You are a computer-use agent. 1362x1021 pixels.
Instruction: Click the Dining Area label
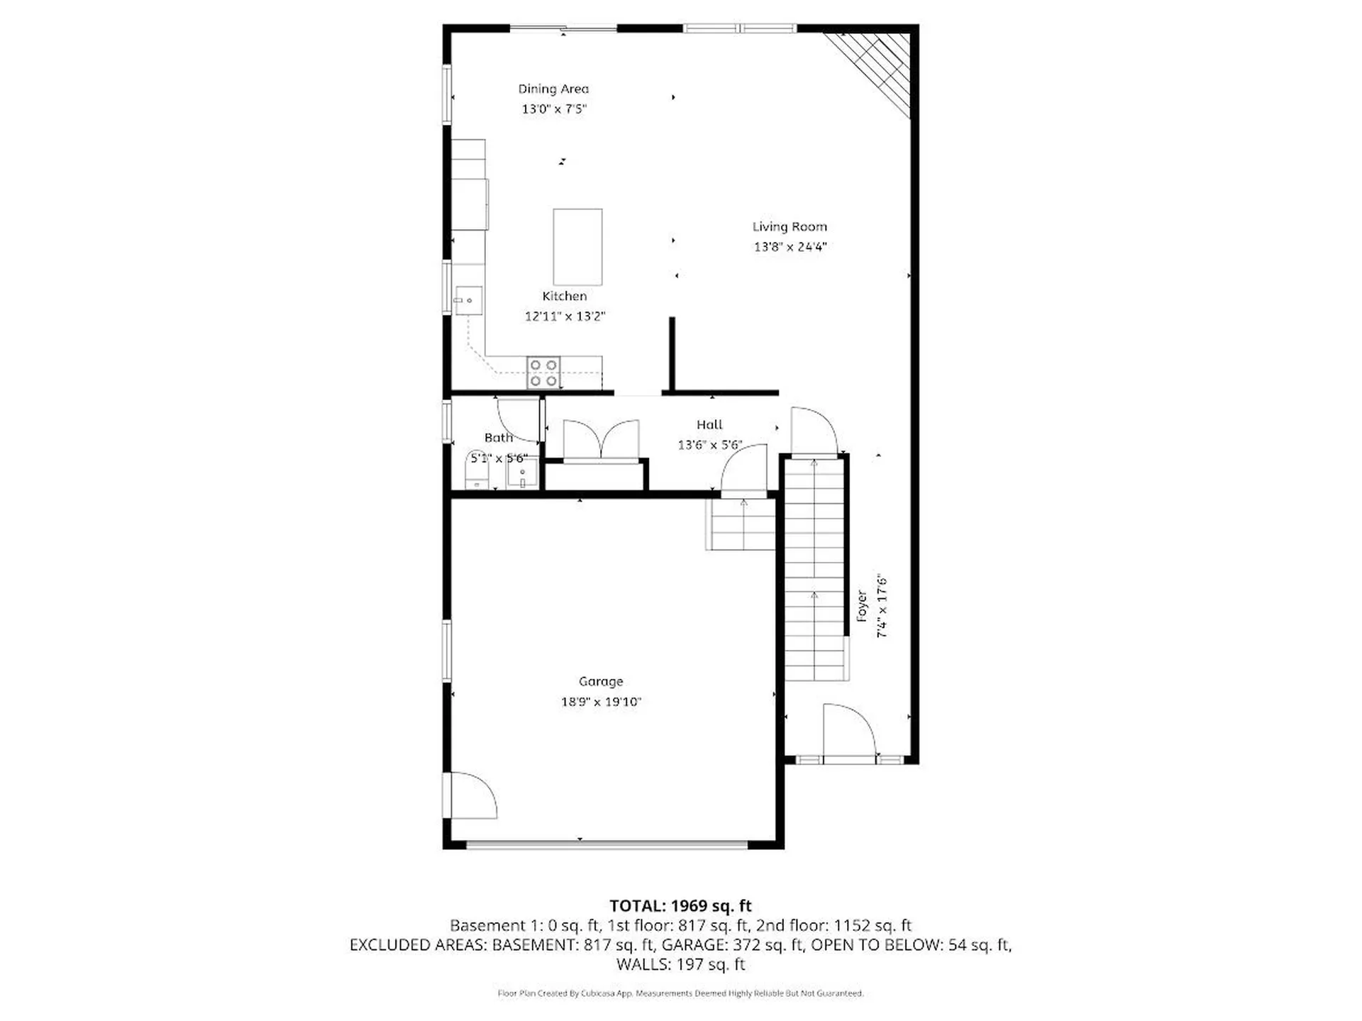point(553,89)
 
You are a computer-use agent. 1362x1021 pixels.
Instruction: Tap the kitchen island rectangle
point(577,246)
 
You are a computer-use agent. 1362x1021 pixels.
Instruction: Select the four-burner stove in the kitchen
point(543,372)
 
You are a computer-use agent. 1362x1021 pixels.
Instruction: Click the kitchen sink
point(468,300)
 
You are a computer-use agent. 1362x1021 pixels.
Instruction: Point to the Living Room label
point(790,226)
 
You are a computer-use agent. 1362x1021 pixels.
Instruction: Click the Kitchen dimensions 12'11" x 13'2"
point(565,316)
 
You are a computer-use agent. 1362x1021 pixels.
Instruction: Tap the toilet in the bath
point(477,470)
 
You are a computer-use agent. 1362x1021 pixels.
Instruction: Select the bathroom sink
point(522,473)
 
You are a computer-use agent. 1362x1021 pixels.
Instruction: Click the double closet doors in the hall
point(601,441)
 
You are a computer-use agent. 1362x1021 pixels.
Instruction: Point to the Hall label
point(709,424)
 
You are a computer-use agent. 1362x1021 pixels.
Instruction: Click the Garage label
point(601,681)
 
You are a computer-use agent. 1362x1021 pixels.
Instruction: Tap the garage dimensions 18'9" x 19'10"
point(601,702)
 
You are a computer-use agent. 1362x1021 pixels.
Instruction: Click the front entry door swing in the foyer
point(850,731)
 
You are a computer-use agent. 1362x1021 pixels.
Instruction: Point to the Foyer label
point(862,606)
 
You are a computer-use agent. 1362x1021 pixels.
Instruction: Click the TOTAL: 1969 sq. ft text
point(680,905)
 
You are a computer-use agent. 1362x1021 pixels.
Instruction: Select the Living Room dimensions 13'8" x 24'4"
point(790,247)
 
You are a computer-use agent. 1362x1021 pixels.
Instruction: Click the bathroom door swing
point(518,420)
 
